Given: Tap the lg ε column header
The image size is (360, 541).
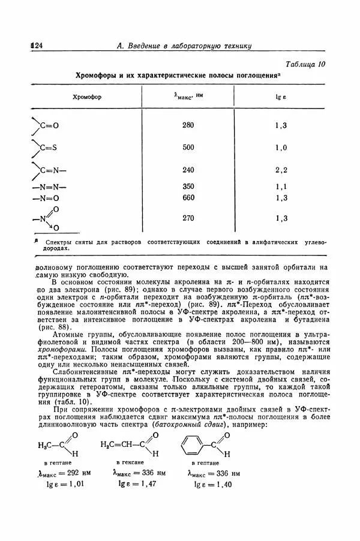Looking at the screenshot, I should [281, 96].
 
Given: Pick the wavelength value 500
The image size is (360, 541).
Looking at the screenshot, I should [188, 148].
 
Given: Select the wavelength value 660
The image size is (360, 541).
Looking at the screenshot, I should [188, 198].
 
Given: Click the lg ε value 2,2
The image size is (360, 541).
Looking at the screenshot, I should [281, 170].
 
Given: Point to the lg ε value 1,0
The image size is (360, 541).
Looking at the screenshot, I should [281, 148].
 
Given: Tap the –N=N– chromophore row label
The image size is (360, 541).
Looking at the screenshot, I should [49, 187].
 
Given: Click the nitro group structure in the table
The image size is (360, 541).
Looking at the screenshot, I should [47, 218].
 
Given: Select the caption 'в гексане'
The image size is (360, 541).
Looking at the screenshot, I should [130, 463].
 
